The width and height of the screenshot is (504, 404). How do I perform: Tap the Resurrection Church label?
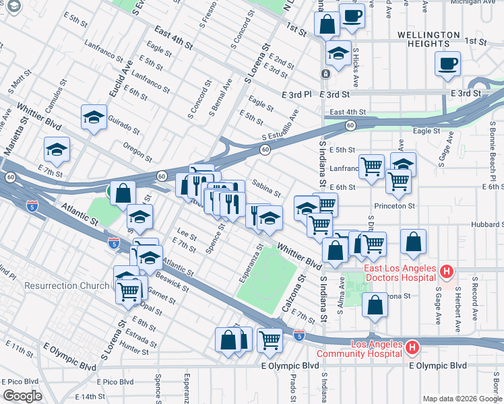[x=67, y=285]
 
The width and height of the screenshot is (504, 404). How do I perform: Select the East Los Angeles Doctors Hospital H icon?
[x=445, y=272]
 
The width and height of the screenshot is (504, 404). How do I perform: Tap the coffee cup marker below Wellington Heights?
[x=447, y=64]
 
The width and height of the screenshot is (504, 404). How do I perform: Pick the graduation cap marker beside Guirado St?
[x=94, y=118]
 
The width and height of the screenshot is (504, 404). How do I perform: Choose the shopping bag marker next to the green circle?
[x=123, y=193]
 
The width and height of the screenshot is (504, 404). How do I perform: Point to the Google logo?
[x=22, y=396]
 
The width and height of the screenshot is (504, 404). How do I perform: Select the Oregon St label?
[x=137, y=147]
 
